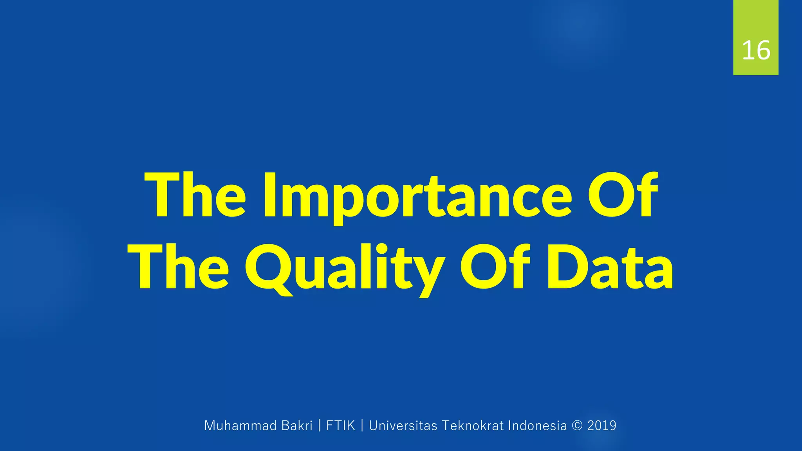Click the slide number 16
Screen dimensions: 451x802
[756, 51]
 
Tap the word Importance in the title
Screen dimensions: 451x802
[417, 196]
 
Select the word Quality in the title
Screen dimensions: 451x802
[345, 268]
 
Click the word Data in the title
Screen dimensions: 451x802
[609, 268]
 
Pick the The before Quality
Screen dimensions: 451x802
[179, 268]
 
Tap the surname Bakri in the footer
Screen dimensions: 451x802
[297, 426]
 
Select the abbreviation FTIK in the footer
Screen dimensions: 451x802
[341, 426]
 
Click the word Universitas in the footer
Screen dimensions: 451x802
[403, 426]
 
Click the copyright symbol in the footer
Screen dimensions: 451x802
[577, 426]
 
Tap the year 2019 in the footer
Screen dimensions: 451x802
[602, 426]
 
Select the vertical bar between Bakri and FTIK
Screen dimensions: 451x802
[320, 426]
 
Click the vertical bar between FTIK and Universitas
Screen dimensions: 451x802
[362, 426]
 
